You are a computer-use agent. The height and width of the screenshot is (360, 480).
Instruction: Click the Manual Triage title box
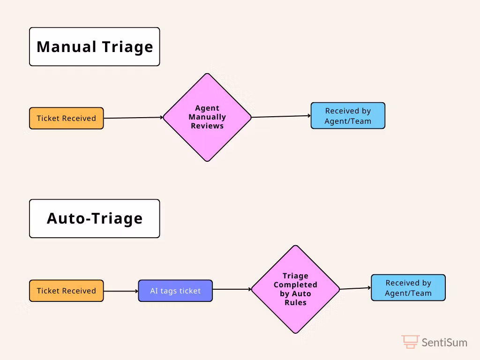(95, 46)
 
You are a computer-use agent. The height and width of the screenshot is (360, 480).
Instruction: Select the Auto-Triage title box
(95, 218)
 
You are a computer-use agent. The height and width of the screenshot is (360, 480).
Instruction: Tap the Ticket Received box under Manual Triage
(67, 118)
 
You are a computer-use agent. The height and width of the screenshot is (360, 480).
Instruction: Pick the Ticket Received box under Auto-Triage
(67, 291)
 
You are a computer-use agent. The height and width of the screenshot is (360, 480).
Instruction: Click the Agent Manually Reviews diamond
(207, 117)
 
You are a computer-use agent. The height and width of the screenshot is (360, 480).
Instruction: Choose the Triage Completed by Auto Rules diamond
(295, 289)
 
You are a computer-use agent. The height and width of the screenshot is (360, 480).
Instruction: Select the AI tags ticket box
(175, 291)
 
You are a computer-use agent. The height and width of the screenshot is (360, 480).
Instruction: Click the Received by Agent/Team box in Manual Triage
(348, 116)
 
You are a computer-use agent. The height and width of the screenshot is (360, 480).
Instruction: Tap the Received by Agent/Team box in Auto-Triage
(408, 288)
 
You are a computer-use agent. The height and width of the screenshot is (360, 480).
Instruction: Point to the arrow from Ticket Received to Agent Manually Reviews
(134, 118)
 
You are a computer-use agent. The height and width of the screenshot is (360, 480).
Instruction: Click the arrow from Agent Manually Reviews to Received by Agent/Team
(281, 116)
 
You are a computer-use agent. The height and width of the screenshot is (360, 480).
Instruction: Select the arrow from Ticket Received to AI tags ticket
(121, 291)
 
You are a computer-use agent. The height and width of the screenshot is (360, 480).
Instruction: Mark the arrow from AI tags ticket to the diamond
(232, 289)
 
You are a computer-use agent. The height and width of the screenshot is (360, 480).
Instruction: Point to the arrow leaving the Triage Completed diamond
(355, 288)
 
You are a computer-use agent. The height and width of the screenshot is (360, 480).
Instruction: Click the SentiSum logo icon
(410, 342)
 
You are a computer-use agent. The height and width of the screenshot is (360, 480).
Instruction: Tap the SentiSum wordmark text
(444, 342)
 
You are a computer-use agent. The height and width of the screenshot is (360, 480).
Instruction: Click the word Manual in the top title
(67, 47)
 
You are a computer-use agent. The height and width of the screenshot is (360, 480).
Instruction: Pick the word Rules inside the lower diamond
(295, 302)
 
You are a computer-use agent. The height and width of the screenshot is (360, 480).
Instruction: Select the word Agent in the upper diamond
(207, 108)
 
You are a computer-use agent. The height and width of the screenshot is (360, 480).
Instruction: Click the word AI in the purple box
(154, 291)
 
